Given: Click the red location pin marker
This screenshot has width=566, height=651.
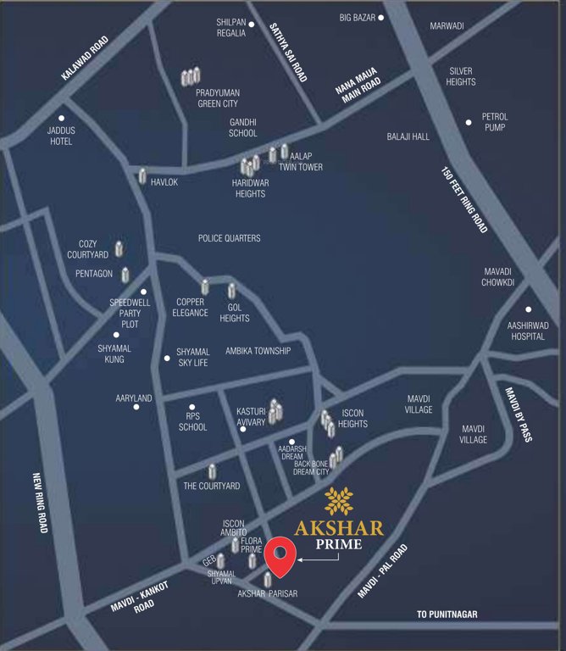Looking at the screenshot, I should pos(280,555).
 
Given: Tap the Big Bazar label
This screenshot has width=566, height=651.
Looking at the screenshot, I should pos(356,17).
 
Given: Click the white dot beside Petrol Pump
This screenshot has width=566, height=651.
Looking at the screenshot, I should pos(468,122).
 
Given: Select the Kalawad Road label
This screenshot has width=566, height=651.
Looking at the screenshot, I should pos(86,58).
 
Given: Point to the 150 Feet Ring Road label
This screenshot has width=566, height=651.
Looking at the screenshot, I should pos(464,200).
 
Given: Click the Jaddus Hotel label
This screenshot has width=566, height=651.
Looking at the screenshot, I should pos(60,136).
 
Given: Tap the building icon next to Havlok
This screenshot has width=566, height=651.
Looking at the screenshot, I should pos(142,176).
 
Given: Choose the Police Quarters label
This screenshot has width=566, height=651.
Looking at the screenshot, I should pos(229,238).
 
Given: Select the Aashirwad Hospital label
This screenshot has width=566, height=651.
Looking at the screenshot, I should pos(528,330).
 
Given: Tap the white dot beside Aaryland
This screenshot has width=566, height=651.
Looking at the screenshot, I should pos(136,407).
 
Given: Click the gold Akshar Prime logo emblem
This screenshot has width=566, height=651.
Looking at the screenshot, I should pos(339,502).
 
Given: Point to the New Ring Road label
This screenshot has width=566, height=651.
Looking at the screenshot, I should pos(38,502).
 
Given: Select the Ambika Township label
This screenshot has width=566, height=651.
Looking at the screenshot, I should pos(258,351).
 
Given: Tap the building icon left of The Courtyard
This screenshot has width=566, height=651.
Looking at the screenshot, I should pos(212,471).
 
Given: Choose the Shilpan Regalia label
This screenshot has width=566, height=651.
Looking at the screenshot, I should pos(230,28).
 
